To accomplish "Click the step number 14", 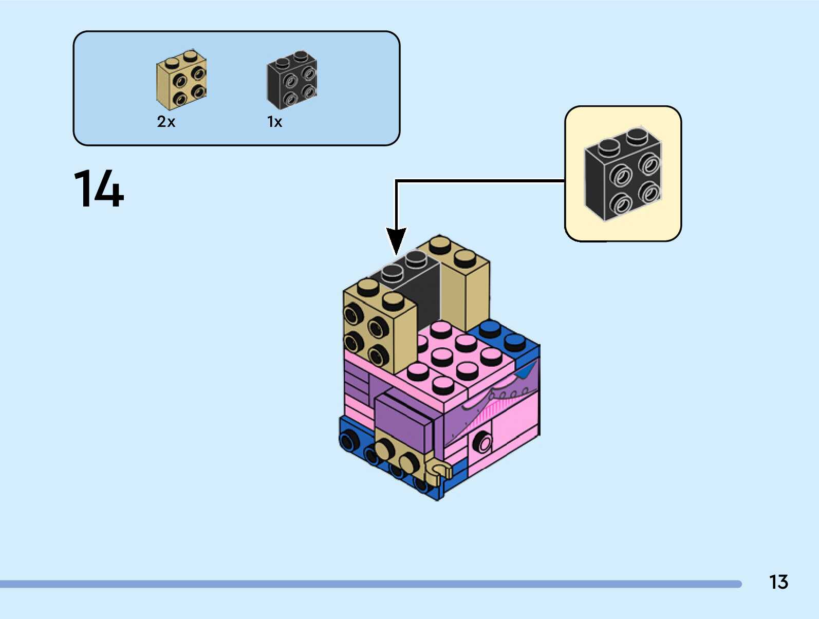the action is pyautogui.click(x=99, y=188).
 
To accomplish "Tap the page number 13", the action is pyautogui.click(x=778, y=582).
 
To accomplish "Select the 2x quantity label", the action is pyautogui.click(x=166, y=122).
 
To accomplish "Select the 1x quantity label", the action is pyautogui.click(x=274, y=122).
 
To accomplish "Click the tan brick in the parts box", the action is pyautogui.click(x=181, y=80).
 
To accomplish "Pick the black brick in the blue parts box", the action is pyautogui.click(x=292, y=80).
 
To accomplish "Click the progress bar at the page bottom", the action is pyautogui.click(x=370, y=584).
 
